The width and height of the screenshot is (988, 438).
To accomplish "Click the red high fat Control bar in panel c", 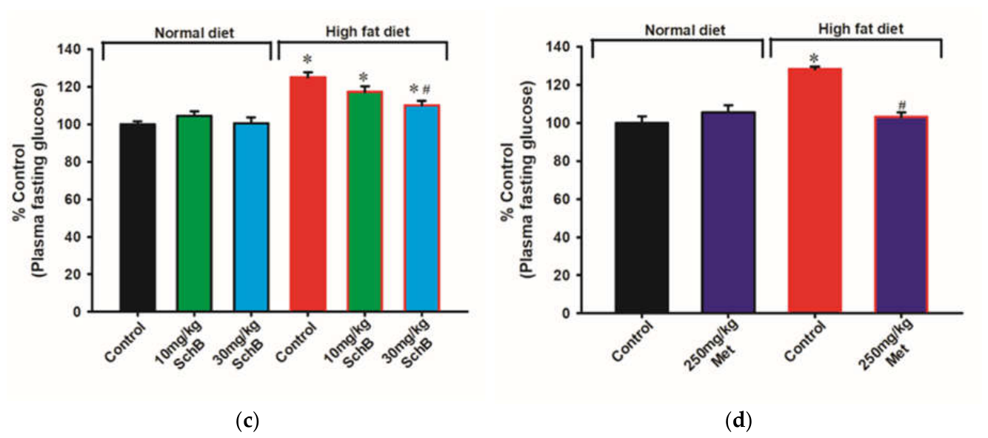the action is pos(308,194).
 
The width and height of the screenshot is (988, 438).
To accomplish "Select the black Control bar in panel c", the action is pos(138,217).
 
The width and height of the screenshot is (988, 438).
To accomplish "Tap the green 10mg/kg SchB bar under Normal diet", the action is pos(194,213).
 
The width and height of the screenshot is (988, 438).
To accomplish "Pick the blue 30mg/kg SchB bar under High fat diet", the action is pos(422,208).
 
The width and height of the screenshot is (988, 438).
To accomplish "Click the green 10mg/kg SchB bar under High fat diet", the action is pos(365,201).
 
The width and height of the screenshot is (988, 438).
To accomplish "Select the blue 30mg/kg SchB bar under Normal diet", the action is pos(251,217).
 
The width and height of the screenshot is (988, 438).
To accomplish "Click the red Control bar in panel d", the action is pos(815,190).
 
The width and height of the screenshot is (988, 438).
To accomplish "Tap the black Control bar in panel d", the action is pos(642,218).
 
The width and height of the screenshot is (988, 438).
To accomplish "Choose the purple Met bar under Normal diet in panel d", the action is pos(728,213).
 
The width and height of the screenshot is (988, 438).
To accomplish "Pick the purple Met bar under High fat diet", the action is pos(901,215).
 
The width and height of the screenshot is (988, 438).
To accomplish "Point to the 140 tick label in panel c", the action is pos(69,49).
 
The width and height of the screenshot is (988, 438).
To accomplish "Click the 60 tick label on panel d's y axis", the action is pos(562,199).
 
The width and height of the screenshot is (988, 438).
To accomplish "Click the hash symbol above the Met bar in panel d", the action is pos(902,105).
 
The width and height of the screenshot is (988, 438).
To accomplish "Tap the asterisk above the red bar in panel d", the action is pos(814,59).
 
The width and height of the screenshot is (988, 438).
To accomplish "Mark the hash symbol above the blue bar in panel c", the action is pos(426,90).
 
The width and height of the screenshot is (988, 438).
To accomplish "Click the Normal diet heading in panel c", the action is pos(194,33).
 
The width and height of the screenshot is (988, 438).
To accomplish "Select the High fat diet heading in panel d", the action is pos(861,30).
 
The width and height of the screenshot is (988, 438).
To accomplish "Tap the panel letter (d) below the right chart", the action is pos(738,421).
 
